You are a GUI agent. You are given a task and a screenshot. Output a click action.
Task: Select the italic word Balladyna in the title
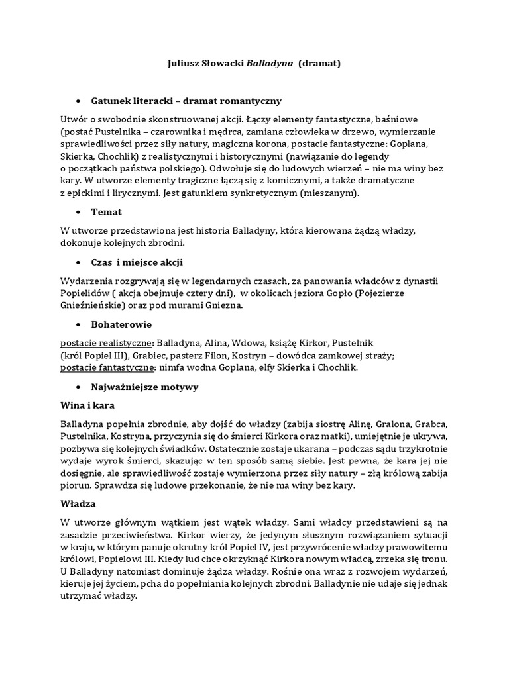pos(270,64)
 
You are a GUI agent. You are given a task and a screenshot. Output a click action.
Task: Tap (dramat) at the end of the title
pos(319,64)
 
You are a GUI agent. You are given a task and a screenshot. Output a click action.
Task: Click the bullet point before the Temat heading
pos(78,212)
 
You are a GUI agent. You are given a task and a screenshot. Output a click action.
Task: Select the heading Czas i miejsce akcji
pos(137,262)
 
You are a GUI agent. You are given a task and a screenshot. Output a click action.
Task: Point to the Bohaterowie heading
pos(121,324)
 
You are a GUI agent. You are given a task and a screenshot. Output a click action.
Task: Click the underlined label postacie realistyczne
pos(105,343)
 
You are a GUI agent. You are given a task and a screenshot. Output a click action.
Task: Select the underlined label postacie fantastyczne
pos(107,368)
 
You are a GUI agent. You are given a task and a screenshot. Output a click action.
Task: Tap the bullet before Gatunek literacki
pos(78,101)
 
